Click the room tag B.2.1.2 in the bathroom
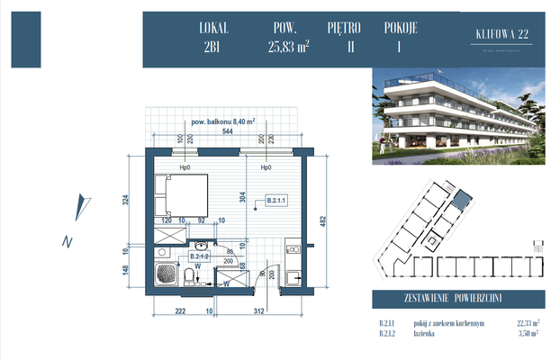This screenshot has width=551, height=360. (199, 256)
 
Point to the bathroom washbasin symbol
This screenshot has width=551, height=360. (202, 245)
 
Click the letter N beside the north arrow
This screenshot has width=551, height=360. (66, 241)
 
